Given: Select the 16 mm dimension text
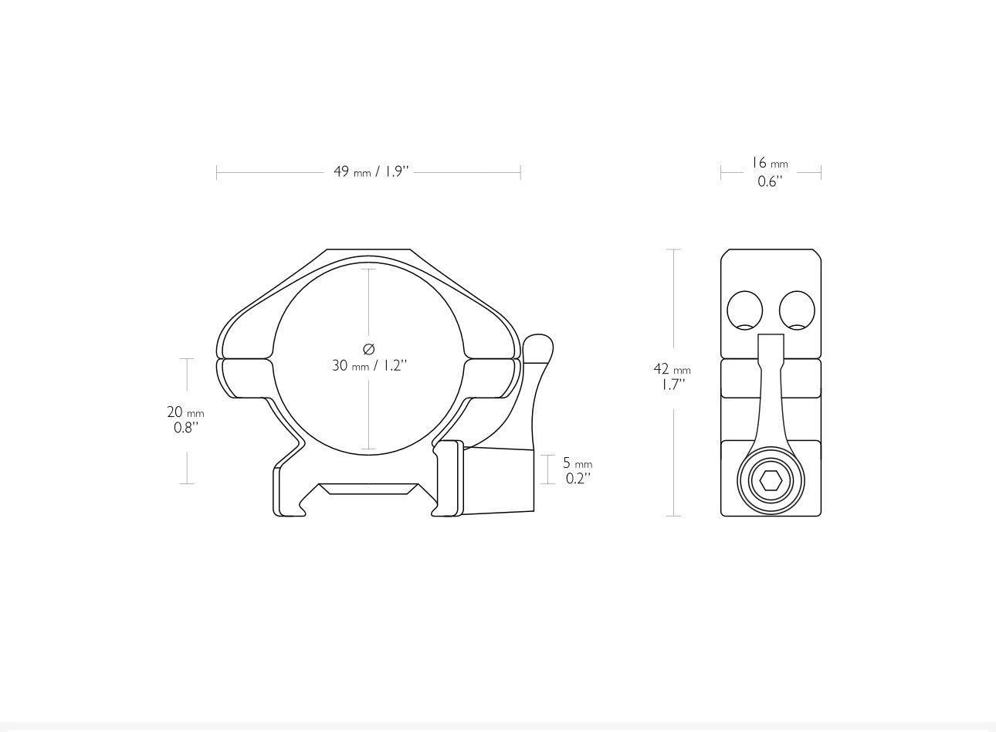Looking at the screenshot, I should [x=770, y=164].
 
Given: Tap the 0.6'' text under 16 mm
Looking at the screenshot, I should [x=770, y=181].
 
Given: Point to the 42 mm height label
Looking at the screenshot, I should [x=672, y=370].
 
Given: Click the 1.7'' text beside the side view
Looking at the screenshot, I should [x=673, y=385].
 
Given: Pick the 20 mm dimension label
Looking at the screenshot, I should [x=185, y=412].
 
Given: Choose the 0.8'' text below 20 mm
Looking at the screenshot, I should [x=186, y=428].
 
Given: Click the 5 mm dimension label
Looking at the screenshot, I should [x=578, y=463].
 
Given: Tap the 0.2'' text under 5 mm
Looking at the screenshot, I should [x=578, y=479].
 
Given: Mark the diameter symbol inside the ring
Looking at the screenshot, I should [x=368, y=349].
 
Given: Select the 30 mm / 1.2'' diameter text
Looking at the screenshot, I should [x=369, y=366].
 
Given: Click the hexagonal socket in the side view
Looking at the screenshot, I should [x=771, y=481].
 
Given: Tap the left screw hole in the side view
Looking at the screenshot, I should [x=745, y=310].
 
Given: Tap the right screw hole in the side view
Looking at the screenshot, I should [x=797, y=310].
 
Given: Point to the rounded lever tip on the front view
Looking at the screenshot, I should [x=537, y=347].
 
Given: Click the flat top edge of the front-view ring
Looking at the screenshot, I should [x=368, y=250].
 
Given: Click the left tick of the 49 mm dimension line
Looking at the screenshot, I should [x=217, y=172].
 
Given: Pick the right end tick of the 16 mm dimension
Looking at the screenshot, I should [x=821, y=172].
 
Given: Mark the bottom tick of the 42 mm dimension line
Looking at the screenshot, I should [x=674, y=516].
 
